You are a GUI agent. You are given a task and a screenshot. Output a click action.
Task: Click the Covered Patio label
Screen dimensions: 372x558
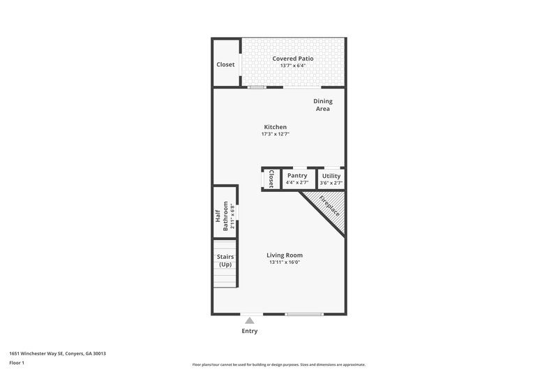pyautogui.click(x=293, y=58)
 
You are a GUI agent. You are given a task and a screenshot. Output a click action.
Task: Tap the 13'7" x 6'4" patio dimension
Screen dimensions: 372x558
pyautogui.click(x=293, y=66)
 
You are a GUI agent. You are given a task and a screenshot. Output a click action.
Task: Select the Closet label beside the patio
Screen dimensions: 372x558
pyautogui.click(x=225, y=64)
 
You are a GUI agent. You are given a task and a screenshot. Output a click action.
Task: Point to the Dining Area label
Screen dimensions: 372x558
pyautogui.click(x=322, y=105)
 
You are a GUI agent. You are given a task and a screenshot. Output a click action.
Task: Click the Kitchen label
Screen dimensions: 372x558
pyautogui.click(x=275, y=126)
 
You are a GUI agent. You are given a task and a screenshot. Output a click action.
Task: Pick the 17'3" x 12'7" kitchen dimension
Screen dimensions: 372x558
pyautogui.click(x=275, y=134)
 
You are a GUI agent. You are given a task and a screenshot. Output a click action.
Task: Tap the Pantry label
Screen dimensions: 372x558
pyautogui.click(x=297, y=175)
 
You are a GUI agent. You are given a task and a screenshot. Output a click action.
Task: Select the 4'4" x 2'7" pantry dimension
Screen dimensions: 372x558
pyautogui.click(x=297, y=182)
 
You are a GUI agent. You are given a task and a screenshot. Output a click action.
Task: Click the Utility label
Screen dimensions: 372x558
pyautogui.click(x=331, y=175)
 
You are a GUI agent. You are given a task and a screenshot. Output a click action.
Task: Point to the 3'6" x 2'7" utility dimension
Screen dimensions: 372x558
pyautogui.click(x=331, y=182)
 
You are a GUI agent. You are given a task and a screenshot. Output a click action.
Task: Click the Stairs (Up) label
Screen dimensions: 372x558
pyautogui.click(x=225, y=260)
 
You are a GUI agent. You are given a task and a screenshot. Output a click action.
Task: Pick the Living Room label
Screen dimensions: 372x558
pyautogui.click(x=285, y=255)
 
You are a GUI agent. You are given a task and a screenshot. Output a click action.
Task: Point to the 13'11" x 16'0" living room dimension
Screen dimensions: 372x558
pyautogui.click(x=285, y=262)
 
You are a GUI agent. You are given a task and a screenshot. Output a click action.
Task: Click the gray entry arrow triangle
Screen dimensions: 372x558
pyautogui.click(x=250, y=320)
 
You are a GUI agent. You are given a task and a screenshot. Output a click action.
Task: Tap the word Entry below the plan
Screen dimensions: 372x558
pyautogui.click(x=250, y=331)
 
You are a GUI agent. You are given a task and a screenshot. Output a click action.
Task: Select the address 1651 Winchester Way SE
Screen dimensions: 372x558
pyautogui.click(x=39, y=353)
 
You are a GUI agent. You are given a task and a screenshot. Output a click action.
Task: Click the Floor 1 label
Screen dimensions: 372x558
pyautogui.click(x=17, y=363)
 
